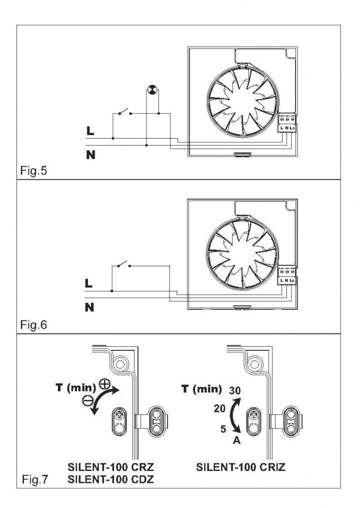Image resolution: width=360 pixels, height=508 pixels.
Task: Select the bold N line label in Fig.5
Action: (x=90, y=154)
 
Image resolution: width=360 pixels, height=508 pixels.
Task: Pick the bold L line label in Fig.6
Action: (x=89, y=284)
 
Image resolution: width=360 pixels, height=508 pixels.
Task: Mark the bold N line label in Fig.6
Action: (x=90, y=307)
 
